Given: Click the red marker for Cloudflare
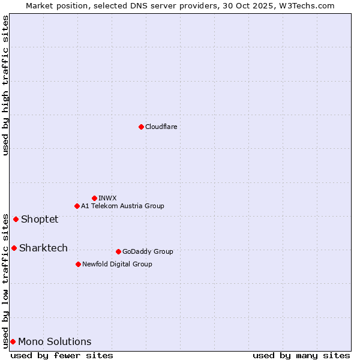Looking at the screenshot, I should pyautogui.click(x=141, y=127).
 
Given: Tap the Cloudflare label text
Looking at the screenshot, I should pyautogui.click(x=161, y=127).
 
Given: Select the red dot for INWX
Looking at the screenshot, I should pyautogui.click(x=94, y=198).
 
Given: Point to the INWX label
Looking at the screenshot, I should pyautogui.click(x=107, y=198).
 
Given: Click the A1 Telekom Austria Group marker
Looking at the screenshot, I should pyautogui.click(x=77, y=206).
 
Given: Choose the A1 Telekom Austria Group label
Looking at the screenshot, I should pyautogui.click(x=122, y=206).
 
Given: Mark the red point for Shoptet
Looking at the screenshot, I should pyautogui.click(x=16, y=219).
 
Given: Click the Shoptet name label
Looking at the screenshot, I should pyautogui.click(x=40, y=219).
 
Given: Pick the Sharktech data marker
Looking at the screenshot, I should pyautogui.click(x=14, y=248).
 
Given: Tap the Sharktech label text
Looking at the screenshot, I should pyautogui.click(x=43, y=248).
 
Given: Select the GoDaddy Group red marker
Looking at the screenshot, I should pyautogui.click(x=118, y=251).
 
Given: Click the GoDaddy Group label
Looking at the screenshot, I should pyautogui.click(x=148, y=251).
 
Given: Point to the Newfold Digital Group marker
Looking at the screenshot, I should pyautogui.click(x=78, y=264).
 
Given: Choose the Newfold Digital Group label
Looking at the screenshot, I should pyautogui.click(x=117, y=264).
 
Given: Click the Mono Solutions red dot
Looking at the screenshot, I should pyautogui.click(x=13, y=341).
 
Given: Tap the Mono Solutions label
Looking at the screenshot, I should pyautogui.click(x=55, y=341).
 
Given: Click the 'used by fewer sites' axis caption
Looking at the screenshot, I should pyautogui.click(x=62, y=355).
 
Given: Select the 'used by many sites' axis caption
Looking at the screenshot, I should pyautogui.click(x=301, y=355).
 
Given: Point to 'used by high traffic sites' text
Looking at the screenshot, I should pyautogui.click(x=5, y=85).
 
